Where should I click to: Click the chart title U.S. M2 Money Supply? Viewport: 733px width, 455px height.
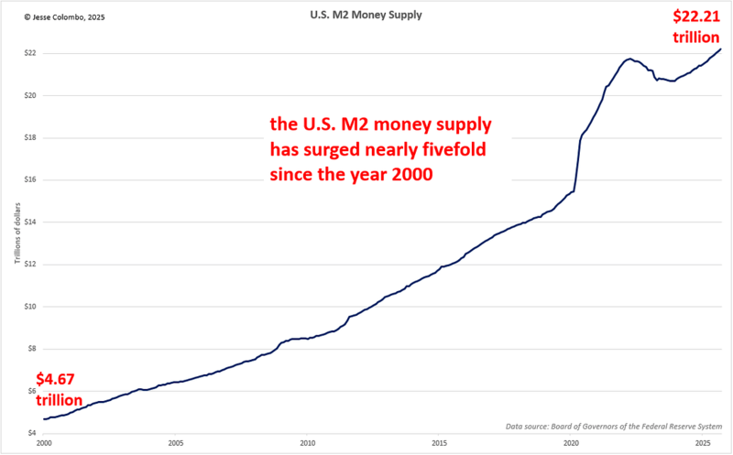point(366,16)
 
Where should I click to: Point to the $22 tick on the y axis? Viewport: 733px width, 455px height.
point(30,53)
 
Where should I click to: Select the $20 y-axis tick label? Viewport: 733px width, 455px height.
point(30,95)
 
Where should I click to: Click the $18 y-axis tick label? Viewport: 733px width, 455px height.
point(30,138)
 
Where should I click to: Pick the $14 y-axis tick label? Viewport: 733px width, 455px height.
point(30,222)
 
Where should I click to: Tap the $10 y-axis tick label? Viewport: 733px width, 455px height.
point(30,307)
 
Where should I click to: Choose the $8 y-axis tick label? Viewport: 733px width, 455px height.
point(31,349)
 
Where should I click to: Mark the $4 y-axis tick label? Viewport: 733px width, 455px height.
point(31,433)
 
